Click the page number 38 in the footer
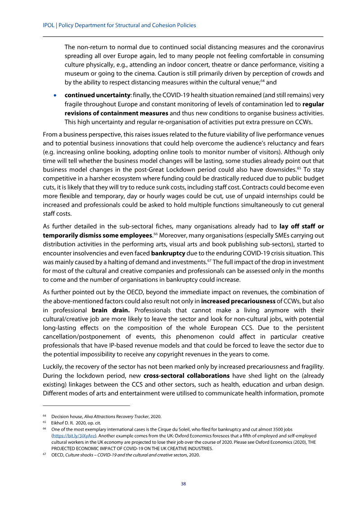click(x=183, y=484)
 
